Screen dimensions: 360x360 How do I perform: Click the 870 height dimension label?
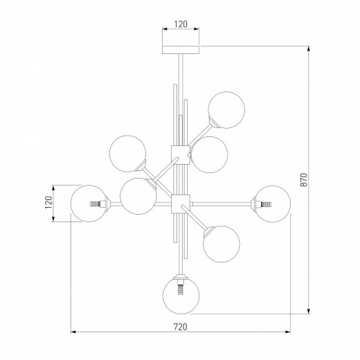click(x=305, y=180)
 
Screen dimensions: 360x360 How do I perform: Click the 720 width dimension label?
click(x=180, y=327)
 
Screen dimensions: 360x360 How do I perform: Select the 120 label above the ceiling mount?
click(x=181, y=24)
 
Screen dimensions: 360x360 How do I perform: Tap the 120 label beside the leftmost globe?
click(x=48, y=202)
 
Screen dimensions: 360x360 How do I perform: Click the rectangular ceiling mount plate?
click(x=181, y=50)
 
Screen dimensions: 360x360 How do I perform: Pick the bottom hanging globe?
click(x=181, y=296)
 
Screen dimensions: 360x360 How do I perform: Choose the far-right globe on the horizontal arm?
click(x=273, y=204)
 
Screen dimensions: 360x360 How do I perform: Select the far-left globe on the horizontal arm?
click(x=89, y=204)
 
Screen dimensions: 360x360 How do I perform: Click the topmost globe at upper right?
click(x=226, y=110)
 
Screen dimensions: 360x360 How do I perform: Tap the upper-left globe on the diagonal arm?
click(x=127, y=154)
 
